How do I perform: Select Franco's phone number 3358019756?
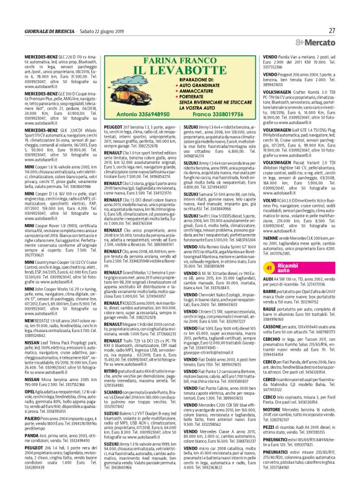click(181, 115)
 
